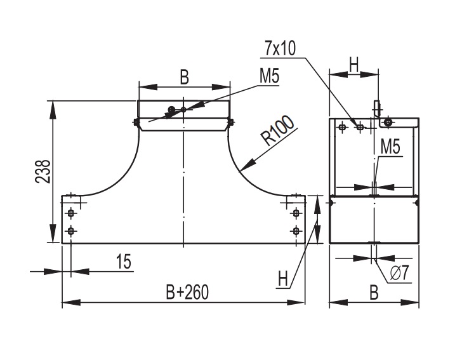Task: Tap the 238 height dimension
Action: (43, 171)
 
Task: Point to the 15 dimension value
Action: (124, 262)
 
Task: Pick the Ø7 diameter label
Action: (399, 274)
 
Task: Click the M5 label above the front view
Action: (269, 76)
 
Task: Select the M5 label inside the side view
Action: (390, 147)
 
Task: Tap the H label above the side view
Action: (354, 64)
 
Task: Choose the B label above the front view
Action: (184, 77)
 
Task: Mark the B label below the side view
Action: (374, 292)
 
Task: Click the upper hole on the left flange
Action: (71, 212)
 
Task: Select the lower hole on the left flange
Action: (71, 230)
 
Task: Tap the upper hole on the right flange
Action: (296, 212)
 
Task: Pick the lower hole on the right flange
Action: (296, 230)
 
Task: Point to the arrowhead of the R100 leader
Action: (242, 170)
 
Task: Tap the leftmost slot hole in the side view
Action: (343, 127)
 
